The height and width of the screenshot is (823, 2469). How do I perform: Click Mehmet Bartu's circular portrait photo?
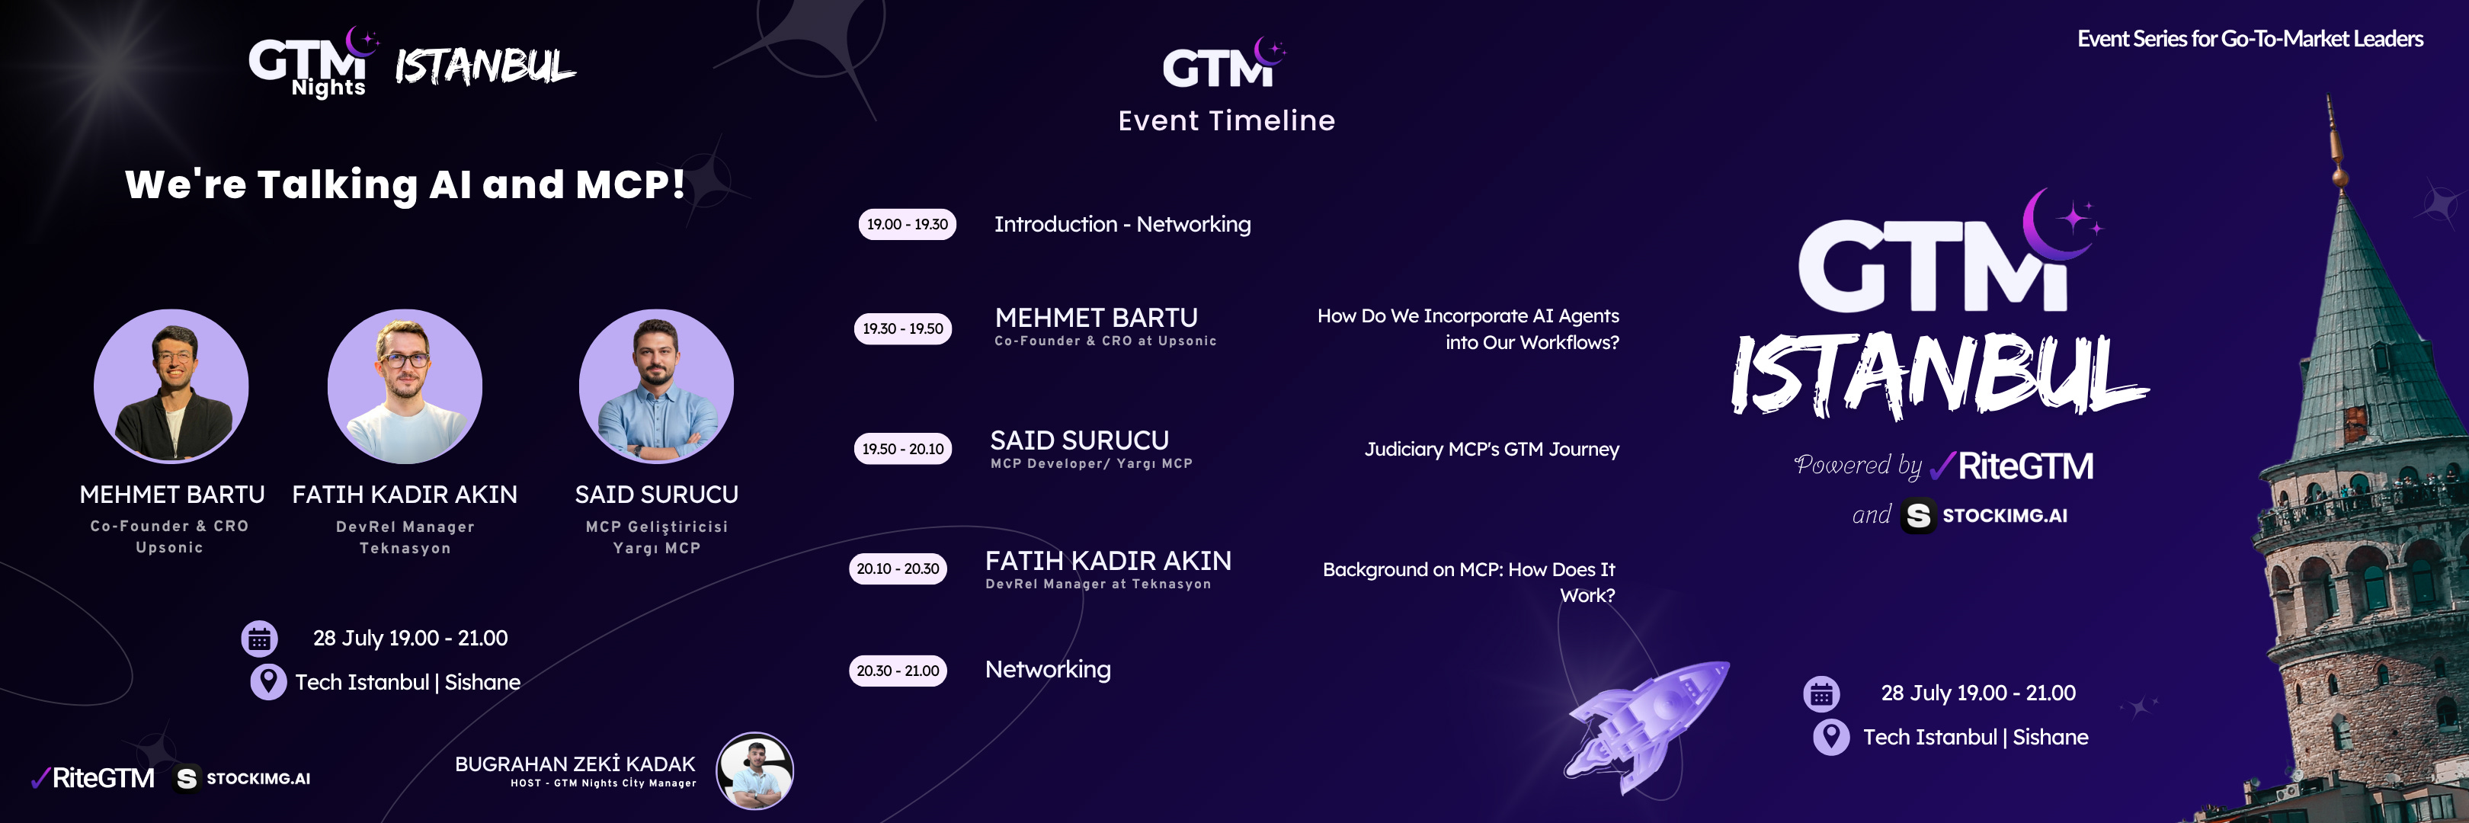pos(171,386)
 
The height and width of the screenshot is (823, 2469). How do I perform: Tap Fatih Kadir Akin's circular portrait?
pos(405,386)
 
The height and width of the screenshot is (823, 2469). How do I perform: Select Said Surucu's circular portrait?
pos(657,386)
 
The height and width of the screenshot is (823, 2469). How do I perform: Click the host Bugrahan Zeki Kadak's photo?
pos(755,770)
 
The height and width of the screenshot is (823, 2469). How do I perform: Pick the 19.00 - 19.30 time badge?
pos(907,224)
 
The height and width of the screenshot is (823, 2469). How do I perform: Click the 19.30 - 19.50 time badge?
pos(903,328)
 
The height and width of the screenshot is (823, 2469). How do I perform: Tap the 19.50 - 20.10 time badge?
pos(903,448)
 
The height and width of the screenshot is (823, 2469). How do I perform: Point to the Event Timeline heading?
pos(1226,120)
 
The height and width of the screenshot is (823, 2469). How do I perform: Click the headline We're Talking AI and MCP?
pos(405,184)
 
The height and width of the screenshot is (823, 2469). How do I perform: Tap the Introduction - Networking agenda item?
pos(1122,224)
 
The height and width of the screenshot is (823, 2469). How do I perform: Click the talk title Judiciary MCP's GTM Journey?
pos(1491,450)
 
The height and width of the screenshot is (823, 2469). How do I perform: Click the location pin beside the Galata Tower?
pos(1830,737)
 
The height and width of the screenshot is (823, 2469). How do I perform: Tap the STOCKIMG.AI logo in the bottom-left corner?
pos(242,779)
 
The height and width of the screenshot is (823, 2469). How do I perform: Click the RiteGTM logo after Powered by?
pos(2011,466)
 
